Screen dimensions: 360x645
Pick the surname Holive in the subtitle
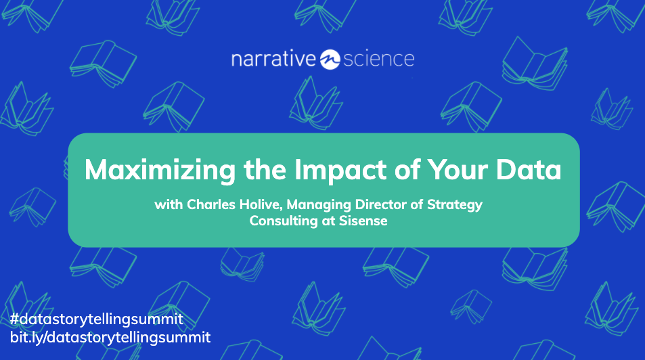[x=255, y=205]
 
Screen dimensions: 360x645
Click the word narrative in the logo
[x=273, y=60]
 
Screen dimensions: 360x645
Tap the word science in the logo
[x=378, y=60]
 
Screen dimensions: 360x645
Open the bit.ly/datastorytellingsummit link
[x=110, y=336]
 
